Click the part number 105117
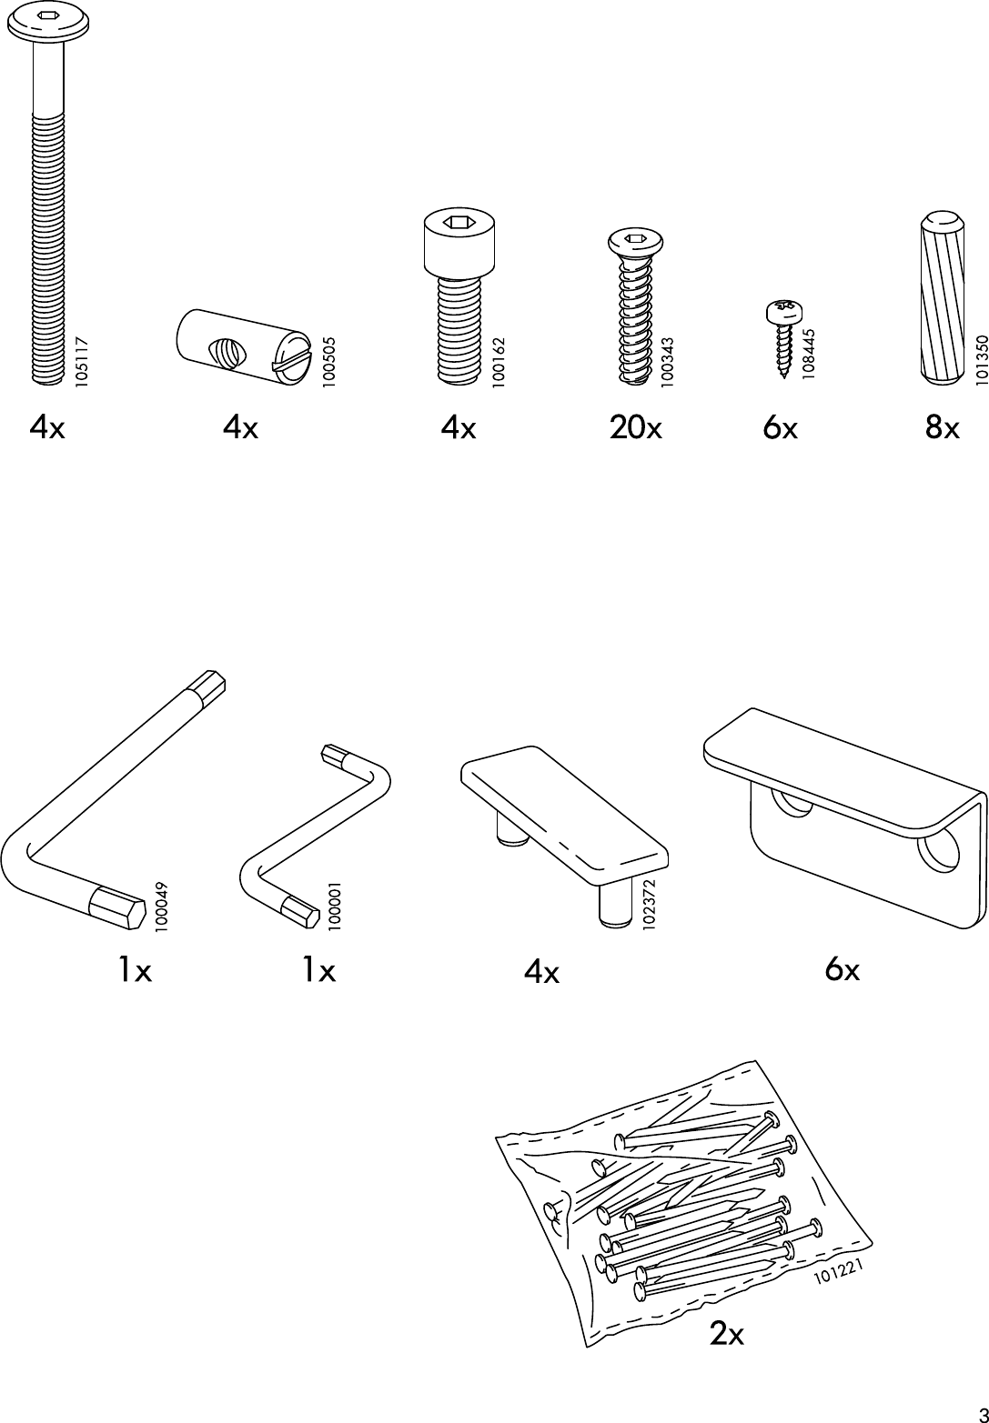click(x=82, y=362)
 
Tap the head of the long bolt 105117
click(x=48, y=20)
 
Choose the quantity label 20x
click(x=635, y=426)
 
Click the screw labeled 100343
click(x=635, y=309)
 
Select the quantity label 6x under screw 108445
click(x=780, y=426)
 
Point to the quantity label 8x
click(x=942, y=426)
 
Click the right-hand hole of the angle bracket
click(x=939, y=849)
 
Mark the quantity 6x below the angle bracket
click(x=842, y=970)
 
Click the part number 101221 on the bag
click(x=838, y=1271)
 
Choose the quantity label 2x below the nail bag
click(x=726, y=1334)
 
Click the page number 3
click(x=979, y=1413)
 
